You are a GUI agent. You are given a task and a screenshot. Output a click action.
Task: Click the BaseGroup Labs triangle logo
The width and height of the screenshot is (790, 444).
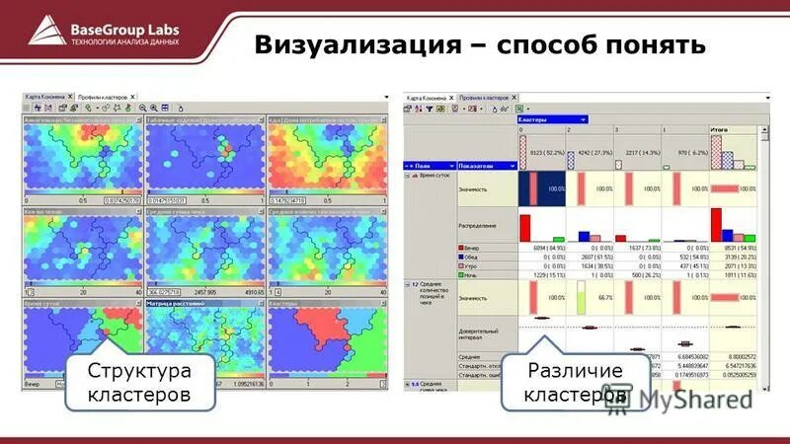pyautogui.click(x=45, y=30)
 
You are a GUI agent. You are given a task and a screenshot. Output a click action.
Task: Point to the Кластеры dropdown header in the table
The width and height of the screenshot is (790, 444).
pyautogui.click(x=552, y=118)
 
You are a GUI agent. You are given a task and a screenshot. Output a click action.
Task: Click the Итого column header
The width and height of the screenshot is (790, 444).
pyautogui.click(x=721, y=129)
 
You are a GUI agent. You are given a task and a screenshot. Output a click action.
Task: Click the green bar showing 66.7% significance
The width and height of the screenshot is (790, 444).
pyautogui.click(x=582, y=296)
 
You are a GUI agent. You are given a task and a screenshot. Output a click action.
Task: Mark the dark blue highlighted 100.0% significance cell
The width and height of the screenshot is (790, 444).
pyautogui.click(x=541, y=187)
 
